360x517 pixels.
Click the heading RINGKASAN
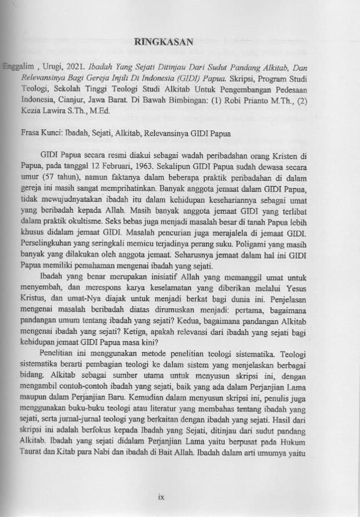[x=164, y=43]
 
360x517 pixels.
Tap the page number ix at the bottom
[x=161, y=496]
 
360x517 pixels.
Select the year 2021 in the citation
[x=72, y=67]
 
